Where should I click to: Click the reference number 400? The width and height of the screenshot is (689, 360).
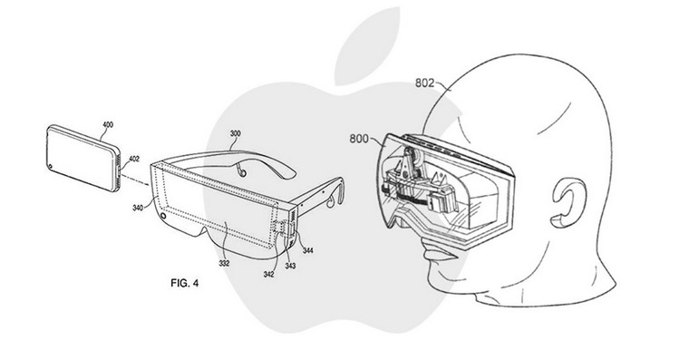pyautogui.click(x=108, y=125)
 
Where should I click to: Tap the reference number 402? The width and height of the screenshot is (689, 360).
pyautogui.click(x=134, y=159)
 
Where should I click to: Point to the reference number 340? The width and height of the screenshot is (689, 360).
pyautogui.click(x=138, y=208)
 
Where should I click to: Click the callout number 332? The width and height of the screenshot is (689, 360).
pyautogui.click(x=224, y=264)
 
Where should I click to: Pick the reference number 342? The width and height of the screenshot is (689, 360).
pyautogui.click(x=268, y=275)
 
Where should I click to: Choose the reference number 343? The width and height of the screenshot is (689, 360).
pyautogui.click(x=290, y=266)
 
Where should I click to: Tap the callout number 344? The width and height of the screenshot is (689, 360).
pyautogui.click(x=308, y=250)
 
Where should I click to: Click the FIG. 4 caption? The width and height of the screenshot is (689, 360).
pyautogui.click(x=185, y=283)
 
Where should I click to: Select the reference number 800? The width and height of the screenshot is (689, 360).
pyautogui.click(x=359, y=139)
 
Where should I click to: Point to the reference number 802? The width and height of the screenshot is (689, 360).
pyautogui.click(x=425, y=83)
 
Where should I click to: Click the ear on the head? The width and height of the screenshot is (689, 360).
pyautogui.click(x=568, y=203)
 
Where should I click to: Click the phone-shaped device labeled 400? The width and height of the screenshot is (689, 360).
pyautogui.click(x=82, y=159)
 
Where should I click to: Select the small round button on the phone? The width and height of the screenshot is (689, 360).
pyautogui.click(x=52, y=167)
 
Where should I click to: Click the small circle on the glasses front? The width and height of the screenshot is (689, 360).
pyautogui.click(x=164, y=216)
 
